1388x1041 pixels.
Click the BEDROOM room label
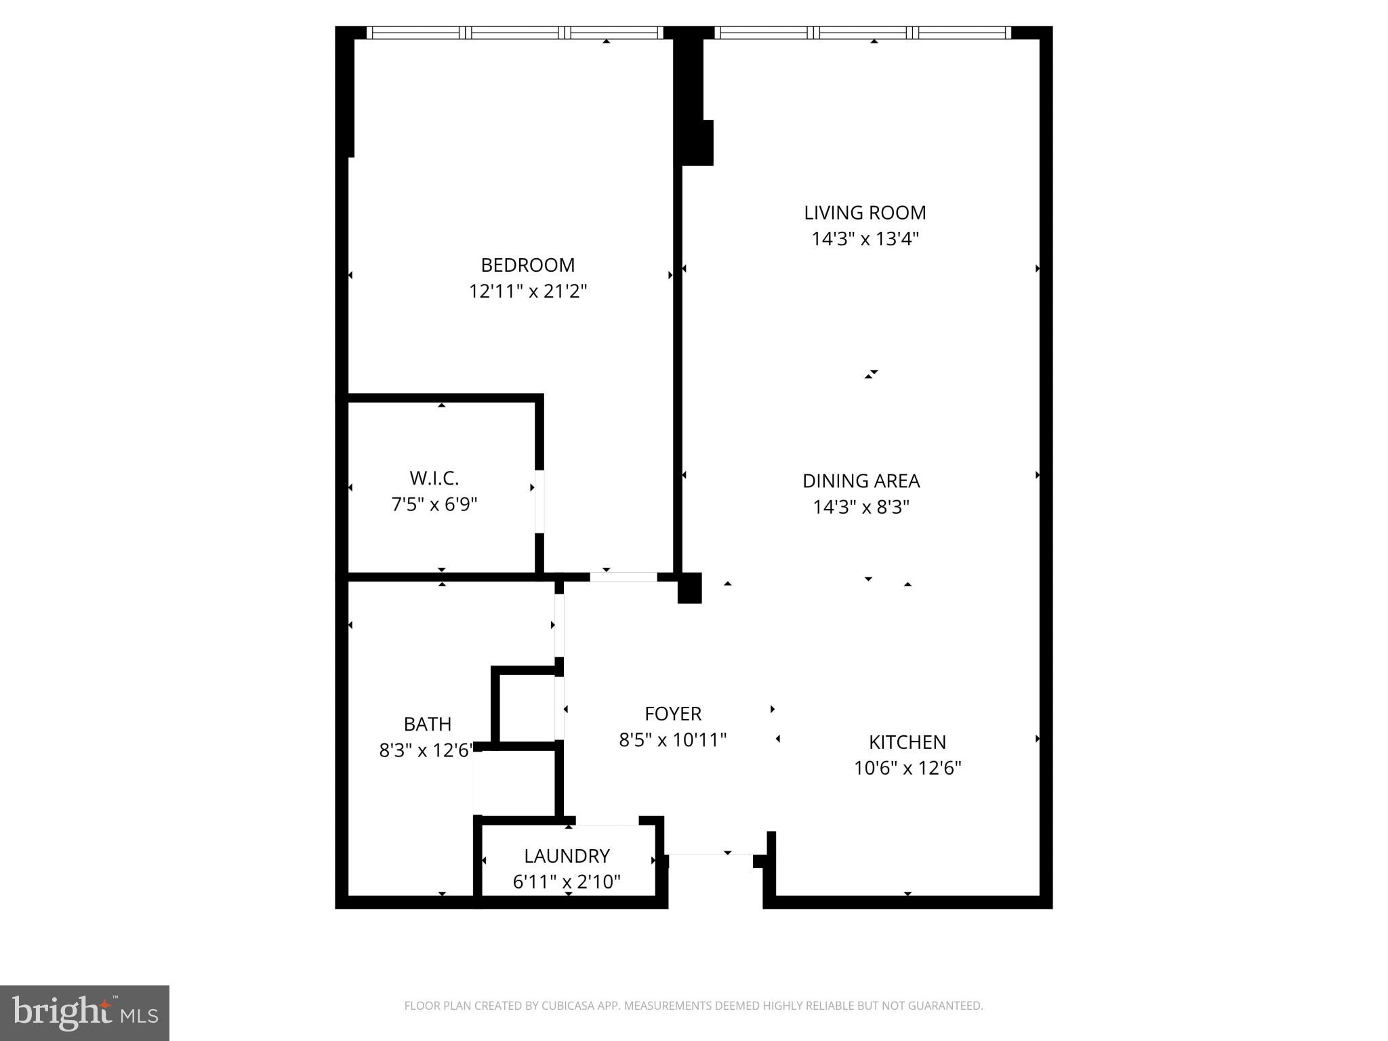527,265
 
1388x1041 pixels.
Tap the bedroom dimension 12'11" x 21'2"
527,291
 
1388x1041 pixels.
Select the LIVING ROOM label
865,213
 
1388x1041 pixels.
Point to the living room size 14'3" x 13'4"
865,239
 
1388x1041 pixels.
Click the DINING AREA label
861,481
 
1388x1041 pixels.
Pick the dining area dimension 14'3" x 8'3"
861,508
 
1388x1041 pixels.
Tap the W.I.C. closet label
434,478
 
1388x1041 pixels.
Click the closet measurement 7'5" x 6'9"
434,505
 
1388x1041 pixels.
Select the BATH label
427,724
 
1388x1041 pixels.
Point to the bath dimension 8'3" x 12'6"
426,751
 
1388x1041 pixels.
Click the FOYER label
672,714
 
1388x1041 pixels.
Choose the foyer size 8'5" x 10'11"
672,740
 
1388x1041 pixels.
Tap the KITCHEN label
907,742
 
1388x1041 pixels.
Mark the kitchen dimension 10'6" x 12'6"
907,769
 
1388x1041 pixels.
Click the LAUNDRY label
567,856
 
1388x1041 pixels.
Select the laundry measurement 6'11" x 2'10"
567,882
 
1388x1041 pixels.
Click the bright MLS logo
85,1013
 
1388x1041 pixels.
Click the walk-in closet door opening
539,502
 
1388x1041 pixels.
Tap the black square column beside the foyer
690,588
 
